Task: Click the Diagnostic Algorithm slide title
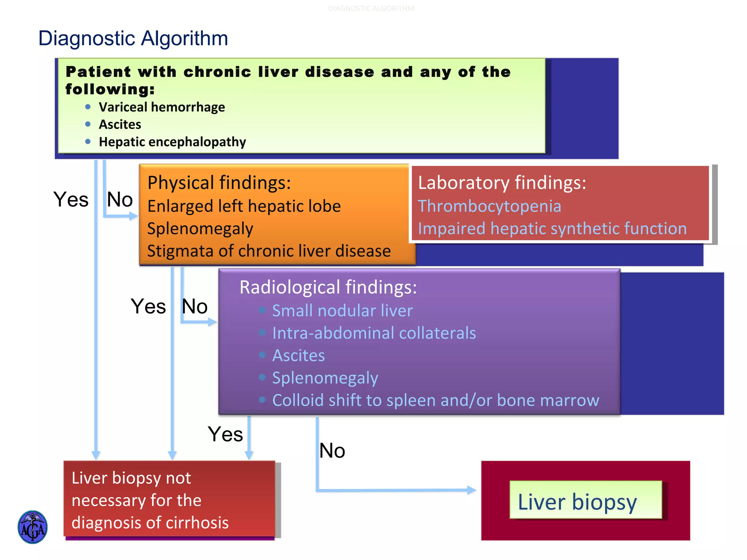point(133,38)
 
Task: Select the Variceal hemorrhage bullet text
point(162,107)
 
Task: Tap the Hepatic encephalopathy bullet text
point(172,142)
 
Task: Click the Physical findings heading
point(219,182)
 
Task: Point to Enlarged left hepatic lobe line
point(244,206)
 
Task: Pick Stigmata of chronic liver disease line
point(269,251)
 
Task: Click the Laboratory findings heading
point(502,182)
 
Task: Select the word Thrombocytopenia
point(489,206)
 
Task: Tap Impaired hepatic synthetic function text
point(552,229)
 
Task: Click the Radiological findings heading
point(328,287)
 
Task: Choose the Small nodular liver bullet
point(342,311)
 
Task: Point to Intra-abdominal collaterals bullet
point(374,333)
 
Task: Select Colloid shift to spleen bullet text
point(436,400)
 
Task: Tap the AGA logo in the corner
point(32,527)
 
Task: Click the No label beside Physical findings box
point(120,199)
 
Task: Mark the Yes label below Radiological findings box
point(225,434)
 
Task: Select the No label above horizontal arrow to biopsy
point(332,451)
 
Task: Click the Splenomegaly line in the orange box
point(200,229)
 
